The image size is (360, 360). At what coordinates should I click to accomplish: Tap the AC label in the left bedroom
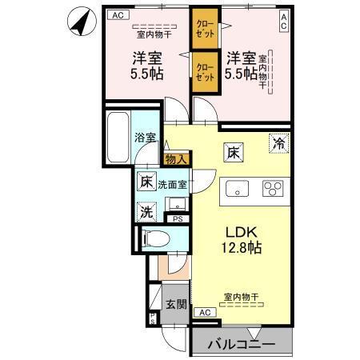[x=118, y=15]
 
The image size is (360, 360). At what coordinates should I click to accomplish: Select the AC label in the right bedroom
[x=283, y=22]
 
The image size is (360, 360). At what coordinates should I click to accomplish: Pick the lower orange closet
[x=204, y=74]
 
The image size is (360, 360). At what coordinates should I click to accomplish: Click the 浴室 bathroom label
[x=144, y=137]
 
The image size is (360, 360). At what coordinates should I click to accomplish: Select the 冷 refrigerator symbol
[x=279, y=144]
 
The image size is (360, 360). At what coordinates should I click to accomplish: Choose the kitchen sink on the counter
[x=238, y=190]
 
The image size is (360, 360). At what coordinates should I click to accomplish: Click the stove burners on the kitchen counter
[x=273, y=190]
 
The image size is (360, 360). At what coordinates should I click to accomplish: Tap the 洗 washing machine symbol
[x=146, y=212]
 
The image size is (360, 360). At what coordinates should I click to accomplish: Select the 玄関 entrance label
[x=176, y=304]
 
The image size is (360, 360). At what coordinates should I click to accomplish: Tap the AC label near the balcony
[x=203, y=312]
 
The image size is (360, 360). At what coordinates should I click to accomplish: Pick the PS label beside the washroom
[x=178, y=218]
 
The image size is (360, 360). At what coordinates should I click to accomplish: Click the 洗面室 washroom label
[x=172, y=185]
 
